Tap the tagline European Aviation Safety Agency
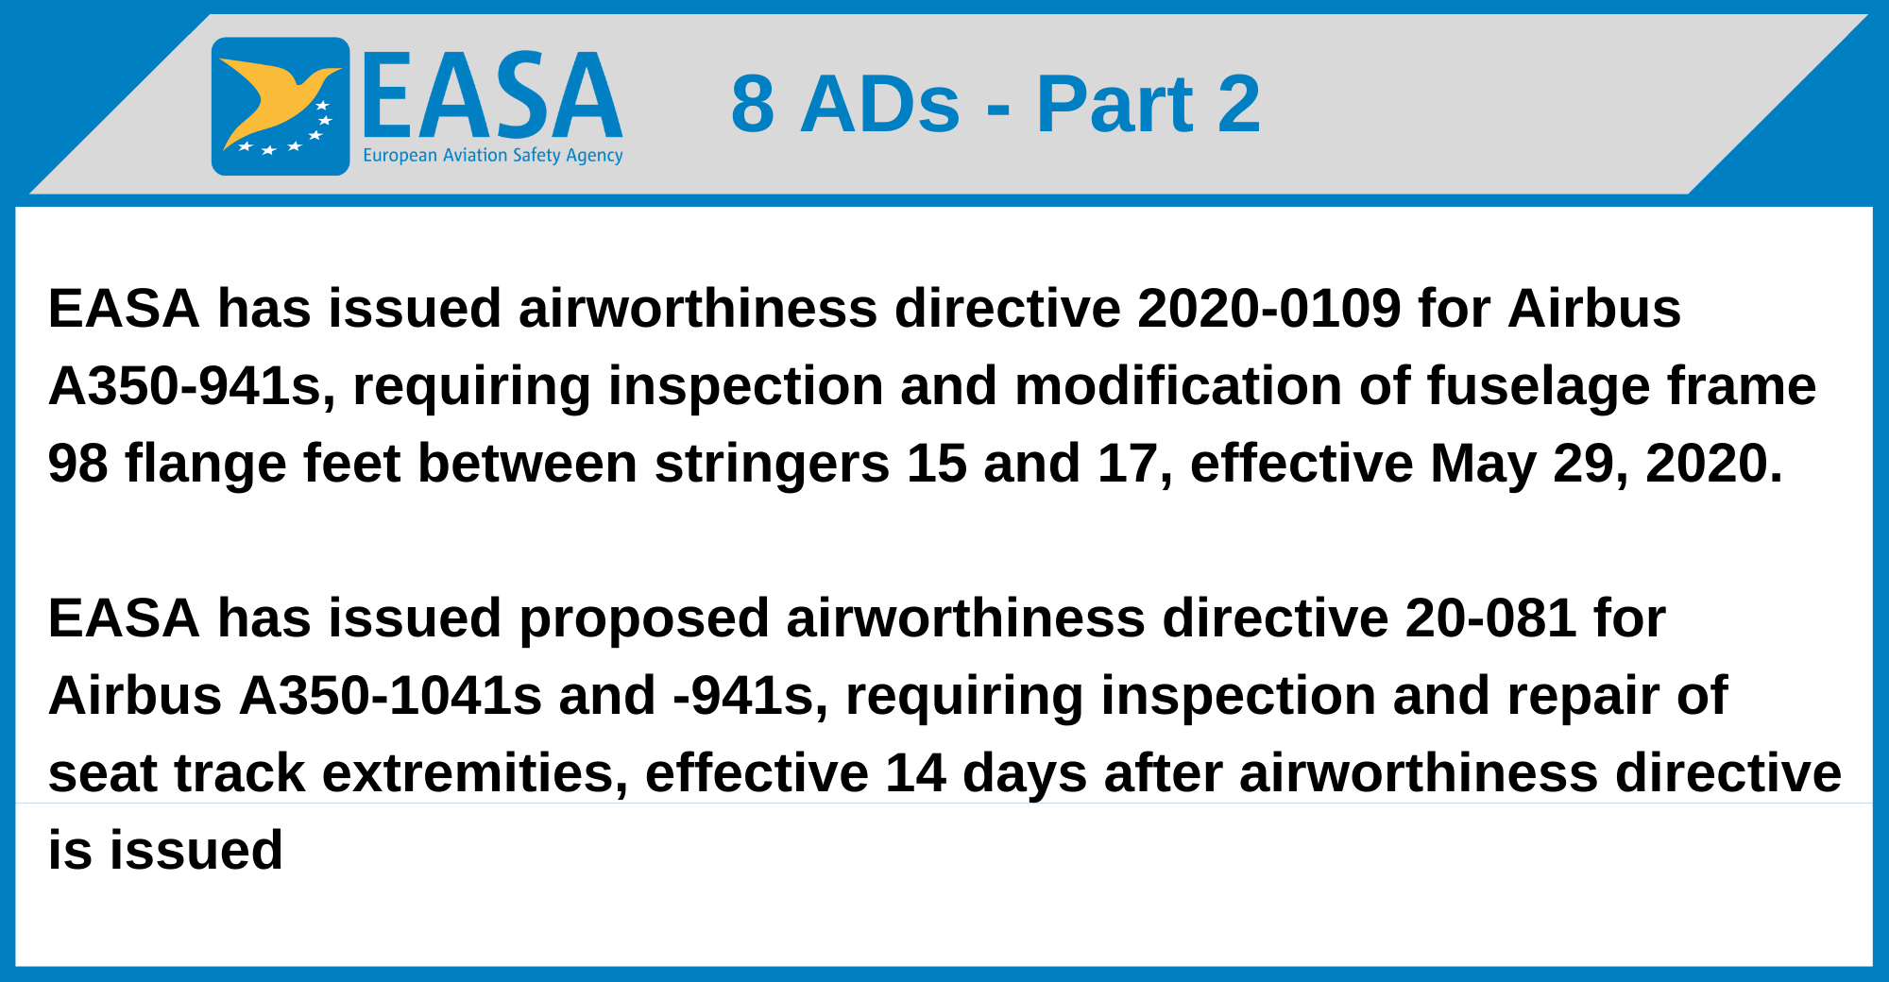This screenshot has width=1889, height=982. coord(493,156)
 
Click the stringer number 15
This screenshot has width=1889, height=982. coord(936,464)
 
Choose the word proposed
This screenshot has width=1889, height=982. coord(644,618)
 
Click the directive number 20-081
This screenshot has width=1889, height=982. coord(1490,618)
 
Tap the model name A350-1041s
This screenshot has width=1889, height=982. coord(390,696)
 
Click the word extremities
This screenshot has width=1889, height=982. coord(475,773)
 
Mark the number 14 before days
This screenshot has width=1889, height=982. coord(915,773)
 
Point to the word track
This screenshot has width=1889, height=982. coord(240,773)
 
